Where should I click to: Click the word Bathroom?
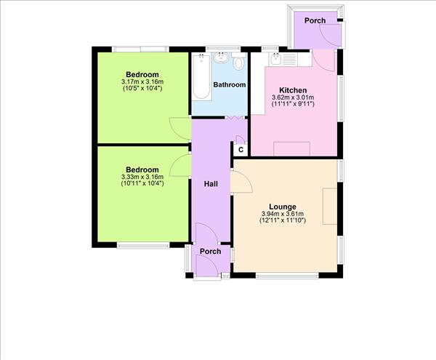coord(229,85)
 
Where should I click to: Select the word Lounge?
coord(283,206)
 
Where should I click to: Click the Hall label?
coord(211,184)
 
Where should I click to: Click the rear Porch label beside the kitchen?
coord(315,20)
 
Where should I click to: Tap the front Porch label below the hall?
coord(210,252)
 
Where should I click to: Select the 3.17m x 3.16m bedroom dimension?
coord(142,82)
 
